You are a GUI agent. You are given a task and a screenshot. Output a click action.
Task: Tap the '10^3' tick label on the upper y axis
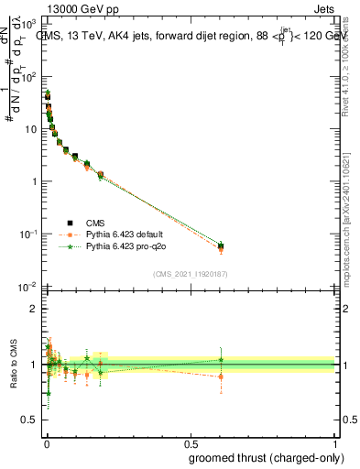click(30, 26)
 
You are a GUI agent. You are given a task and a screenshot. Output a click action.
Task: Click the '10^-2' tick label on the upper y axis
click(29, 287)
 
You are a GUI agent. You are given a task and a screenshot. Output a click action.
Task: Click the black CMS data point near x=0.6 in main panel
click(220, 246)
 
